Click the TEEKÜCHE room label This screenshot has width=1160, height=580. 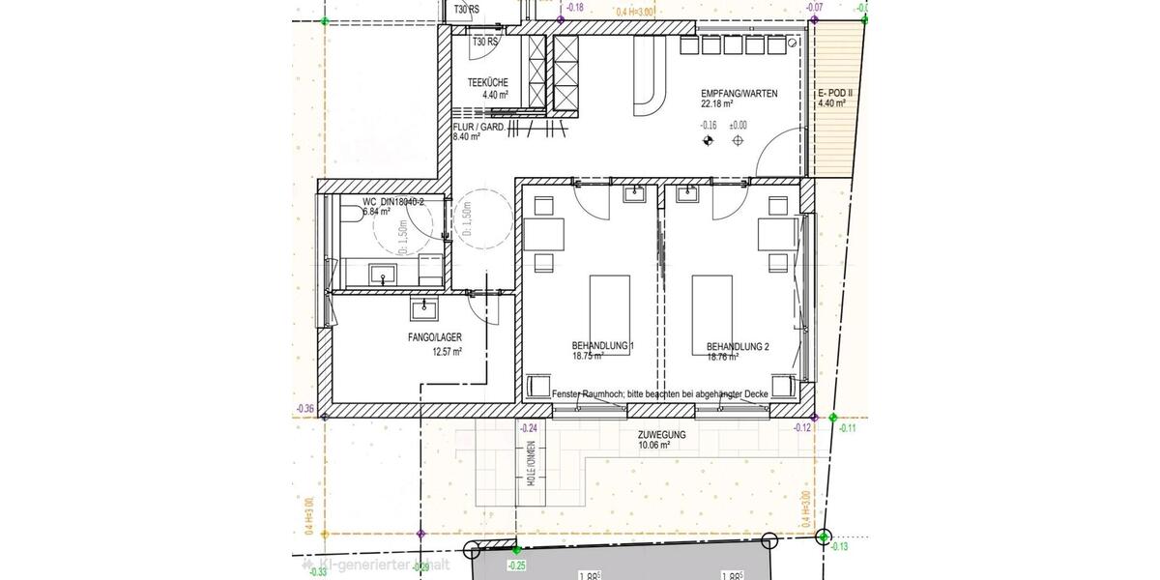[x=487, y=83]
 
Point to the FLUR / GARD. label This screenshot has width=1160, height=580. [x=478, y=127]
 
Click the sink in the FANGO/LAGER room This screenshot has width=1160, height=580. [x=422, y=308]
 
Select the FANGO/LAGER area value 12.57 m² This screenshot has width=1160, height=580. [x=447, y=352]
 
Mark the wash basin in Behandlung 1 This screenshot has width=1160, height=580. [x=633, y=195]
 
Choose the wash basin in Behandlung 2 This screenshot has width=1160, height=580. [x=688, y=195]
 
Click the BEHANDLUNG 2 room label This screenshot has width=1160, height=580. [x=738, y=346]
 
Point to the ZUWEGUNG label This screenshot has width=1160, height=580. [x=661, y=435]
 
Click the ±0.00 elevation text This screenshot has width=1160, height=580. [x=738, y=125]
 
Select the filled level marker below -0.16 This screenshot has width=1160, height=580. [x=709, y=141]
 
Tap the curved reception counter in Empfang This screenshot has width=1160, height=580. [x=647, y=77]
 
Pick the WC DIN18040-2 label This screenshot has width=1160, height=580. [x=392, y=202]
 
